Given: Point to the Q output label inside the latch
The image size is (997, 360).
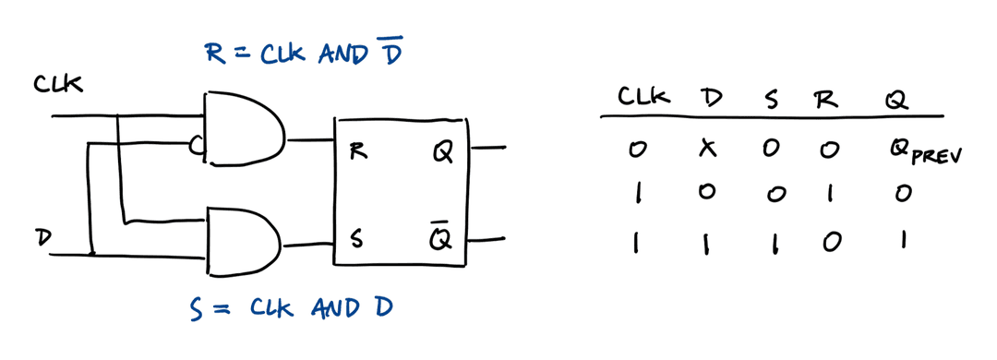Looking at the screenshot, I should point(441,150).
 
